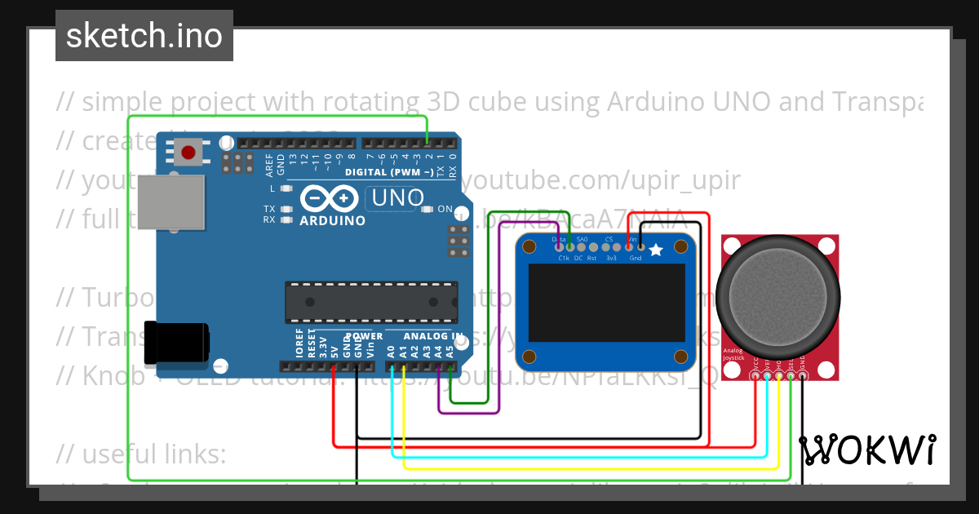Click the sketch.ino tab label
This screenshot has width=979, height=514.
(144, 36)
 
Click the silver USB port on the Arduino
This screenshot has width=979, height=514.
(171, 202)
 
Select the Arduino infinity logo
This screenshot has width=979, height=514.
(330, 199)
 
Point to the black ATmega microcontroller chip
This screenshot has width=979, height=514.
(370, 301)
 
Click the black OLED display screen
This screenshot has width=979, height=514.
(607, 302)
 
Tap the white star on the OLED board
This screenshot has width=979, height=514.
(656, 250)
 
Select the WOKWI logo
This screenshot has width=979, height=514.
(867, 450)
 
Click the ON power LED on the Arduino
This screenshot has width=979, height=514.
(427, 210)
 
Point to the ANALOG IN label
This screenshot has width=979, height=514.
(424, 336)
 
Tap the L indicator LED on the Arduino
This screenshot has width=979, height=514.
(286, 188)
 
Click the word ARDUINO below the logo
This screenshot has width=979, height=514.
(332, 220)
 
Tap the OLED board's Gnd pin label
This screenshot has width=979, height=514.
(636, 258)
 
